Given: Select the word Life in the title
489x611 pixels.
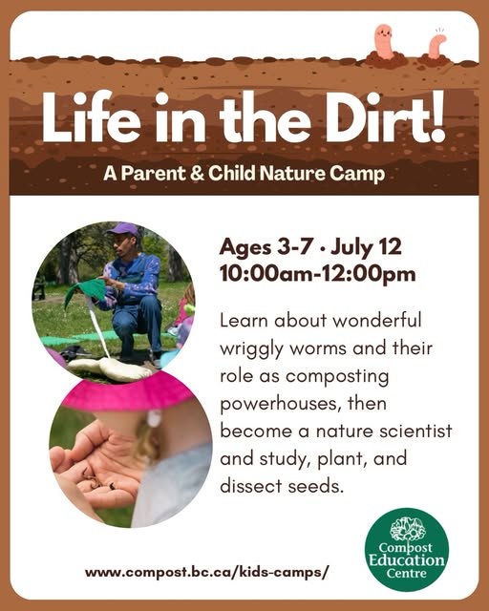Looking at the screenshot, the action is [x=91, y=116].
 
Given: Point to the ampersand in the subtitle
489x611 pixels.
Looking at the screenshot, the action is [x=197, y=174].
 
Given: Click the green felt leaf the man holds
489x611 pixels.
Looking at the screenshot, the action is [x=86, y=290].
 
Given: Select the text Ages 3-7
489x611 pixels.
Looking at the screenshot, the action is [x=266, y=247].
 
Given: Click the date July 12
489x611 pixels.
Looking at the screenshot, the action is [x=366, y=247].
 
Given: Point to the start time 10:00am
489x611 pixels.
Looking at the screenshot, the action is [x=266, y=274].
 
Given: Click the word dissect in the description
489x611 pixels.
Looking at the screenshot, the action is [x=250, y=486].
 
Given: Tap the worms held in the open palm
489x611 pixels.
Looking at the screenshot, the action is [x=96, y=478].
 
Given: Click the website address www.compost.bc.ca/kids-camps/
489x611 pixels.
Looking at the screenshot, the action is [x=207, y=573].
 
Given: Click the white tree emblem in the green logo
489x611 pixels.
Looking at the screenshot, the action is [x=408, y=528].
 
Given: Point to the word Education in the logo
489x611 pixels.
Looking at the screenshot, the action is [x=407, y=560].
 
